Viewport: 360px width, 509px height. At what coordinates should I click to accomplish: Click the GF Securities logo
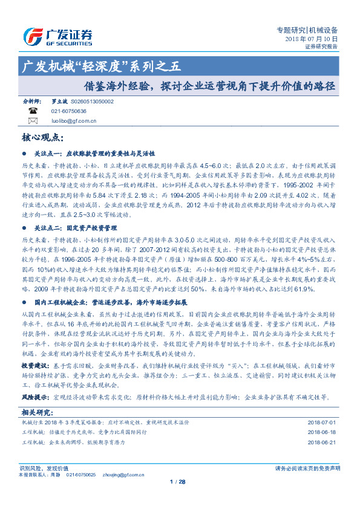[57, 36]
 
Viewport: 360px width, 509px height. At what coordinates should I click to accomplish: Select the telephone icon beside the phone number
[33, 111]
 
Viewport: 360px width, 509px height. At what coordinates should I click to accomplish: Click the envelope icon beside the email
[33, 120]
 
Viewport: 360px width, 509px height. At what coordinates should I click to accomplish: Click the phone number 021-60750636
[68, 111]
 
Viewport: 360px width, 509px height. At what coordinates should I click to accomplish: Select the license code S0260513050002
[93, 102]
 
